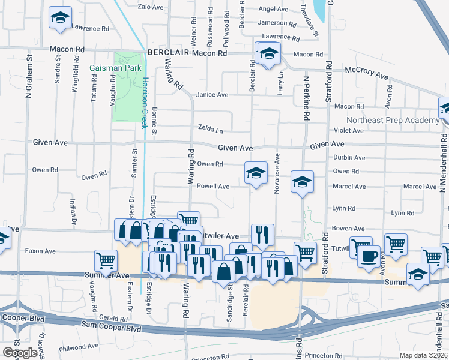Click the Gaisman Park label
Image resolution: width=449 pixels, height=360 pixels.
(x=115, y=68)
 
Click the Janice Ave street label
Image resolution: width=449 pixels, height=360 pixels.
(x=212, y=95)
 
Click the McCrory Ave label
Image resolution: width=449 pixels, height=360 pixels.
(x=366, y=73)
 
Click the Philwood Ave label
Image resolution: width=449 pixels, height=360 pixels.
(x=79, y=346)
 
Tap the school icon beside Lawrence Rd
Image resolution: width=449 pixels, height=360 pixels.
(x=59, y=17)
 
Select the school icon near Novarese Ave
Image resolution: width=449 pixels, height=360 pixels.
(x=256, y=173)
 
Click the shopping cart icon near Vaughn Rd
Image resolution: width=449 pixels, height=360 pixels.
(x=106, y=260)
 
